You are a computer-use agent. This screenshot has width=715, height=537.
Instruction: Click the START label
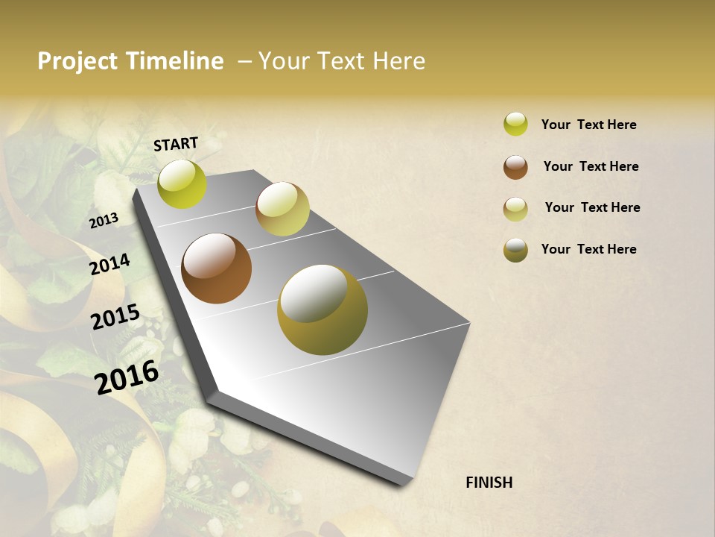(x=176, y=144)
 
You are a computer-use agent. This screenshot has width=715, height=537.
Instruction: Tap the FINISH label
(x=489, y=483)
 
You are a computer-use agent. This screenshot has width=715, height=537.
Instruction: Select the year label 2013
(x=104, y=220)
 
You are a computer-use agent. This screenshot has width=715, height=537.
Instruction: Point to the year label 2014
(x=109, y=265)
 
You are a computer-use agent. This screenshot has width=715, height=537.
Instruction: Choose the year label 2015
(x=115, y=318)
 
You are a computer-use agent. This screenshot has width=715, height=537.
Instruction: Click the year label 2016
(x=127, y=377)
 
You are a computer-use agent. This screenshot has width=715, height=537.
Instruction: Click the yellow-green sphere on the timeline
(x=182, y=184)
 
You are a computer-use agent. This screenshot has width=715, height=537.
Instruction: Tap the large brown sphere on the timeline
(x=216, y=268)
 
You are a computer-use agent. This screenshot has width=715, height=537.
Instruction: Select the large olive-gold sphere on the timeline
(x=322, y=310)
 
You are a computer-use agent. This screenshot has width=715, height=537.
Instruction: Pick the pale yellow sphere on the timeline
(x=282, y=209)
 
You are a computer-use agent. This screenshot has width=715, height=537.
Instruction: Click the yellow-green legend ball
(x=515, y=124)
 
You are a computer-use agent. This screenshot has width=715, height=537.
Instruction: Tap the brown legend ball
(x=515, y=167)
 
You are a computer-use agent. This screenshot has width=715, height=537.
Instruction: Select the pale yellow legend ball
(x=515, y=209)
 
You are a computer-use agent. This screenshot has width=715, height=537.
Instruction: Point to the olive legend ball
(x=515, y=250)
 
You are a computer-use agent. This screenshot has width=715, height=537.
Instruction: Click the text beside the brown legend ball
(x=591, y=166)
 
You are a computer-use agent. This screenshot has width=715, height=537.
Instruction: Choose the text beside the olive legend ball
(x=588, y=249)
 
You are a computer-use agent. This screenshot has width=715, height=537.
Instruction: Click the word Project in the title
(x=77, y=61)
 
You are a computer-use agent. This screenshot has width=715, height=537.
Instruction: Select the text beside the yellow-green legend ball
(x=588, y=125)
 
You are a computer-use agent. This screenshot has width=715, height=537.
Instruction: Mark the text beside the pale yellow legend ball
(x=592, y=207)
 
